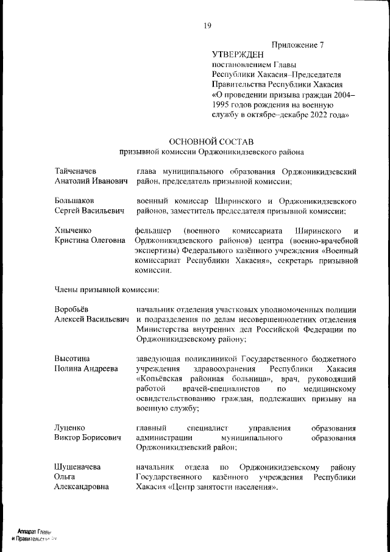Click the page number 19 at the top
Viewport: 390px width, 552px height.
207,26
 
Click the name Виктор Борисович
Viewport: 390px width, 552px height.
87,437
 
